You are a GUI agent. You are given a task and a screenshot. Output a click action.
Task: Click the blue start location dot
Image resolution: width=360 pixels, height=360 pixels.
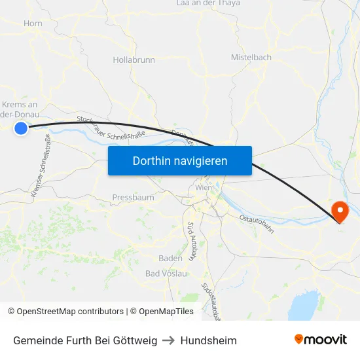click(x=21, y=128)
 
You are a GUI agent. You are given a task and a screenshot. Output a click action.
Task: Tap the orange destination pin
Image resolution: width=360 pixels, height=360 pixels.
click(x=340, y=211)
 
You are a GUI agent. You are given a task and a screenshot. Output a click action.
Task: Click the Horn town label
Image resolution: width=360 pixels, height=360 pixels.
click(x=33, y=24)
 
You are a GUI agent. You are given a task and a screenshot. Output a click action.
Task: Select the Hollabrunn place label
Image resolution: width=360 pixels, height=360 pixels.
click(x=134, y=60)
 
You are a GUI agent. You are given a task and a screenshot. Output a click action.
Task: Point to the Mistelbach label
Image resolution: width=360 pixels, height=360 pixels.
click(x=251, y=58)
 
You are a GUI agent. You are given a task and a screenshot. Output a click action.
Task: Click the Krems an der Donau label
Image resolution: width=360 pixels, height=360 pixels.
click(x=20, y=109)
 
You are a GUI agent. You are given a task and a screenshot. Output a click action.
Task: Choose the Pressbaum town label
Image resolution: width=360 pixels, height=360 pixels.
click(x=133, y=197)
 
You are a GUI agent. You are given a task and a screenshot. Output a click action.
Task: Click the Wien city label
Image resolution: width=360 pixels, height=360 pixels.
click(x=202, y=189)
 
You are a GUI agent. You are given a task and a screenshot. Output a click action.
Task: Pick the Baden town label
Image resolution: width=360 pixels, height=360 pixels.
click(x=170, y=258)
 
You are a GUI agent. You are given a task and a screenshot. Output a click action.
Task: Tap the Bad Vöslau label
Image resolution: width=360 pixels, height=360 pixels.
click(x=166, y=274)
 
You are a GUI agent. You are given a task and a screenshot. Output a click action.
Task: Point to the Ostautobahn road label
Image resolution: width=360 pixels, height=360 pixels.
click(x=256, y=223)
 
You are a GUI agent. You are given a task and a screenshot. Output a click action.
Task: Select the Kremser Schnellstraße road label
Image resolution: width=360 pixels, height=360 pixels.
click(x=41, y=171)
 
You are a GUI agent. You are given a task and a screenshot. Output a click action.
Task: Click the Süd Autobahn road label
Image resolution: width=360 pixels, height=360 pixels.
click(x=191, y=240)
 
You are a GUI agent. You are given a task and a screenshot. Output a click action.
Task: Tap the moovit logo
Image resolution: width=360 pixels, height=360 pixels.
click(x=320, y=340)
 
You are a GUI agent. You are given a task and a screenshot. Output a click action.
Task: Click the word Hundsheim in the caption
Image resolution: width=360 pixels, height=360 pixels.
click(x=209, y=340)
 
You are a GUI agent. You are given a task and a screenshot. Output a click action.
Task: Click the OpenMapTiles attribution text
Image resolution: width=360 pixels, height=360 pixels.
click(x=162, y=312)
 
